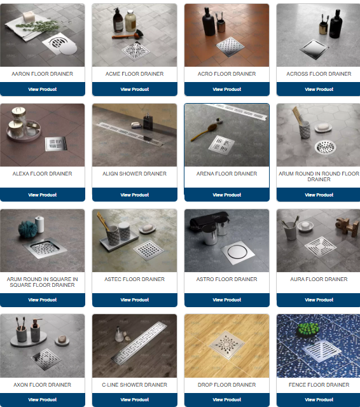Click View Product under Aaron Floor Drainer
click(x=43, y=89)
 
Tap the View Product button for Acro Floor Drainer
click(x=227, y=89)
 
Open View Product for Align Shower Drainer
click(x=135, y=195)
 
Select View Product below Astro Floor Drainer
click(x=227, y=300)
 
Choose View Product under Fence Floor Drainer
click(x=319, y=400)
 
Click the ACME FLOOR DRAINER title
click(x=134, y=74)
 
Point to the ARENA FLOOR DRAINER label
click(x=226, y=174)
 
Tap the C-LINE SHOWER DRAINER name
click(x=134, y=385)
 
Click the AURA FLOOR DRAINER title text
click(x=319, y=279)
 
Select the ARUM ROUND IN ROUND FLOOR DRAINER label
click(x=319, y=177)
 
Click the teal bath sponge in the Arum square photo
click(x=28, y=229)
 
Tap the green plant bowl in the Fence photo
click(x=308, y=330)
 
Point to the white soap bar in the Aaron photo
click(x=29, y=17)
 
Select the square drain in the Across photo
click(x=314, y=49)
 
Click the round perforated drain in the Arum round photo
click(x=325, y=147)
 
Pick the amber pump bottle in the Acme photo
click(x=118, y=20)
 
